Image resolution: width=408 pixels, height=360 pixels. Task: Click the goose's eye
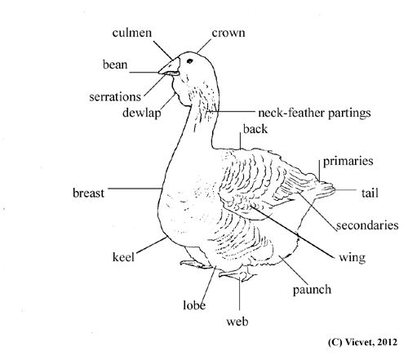pyautogui.click(x=189, y=61)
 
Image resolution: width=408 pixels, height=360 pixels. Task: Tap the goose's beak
pyautogui.click(x=170, y=68)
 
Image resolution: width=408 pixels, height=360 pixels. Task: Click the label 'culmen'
pyautogui.click(x=132, y=33)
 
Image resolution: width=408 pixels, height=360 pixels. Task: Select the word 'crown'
pyautogui.click(x=228, y=33)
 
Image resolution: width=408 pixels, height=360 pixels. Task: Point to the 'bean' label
pyautogui.click(x=115, y=64)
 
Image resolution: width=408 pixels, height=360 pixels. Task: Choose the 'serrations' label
pyautogui.click(x=115, y=96)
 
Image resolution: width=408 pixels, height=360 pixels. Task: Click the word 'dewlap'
pyautogui.click(x=142, y=113)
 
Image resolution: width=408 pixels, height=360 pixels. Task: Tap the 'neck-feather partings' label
pyautogui.click(x=314, y=113)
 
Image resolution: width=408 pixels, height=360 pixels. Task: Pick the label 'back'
pyautogui.click(x=255, y=129)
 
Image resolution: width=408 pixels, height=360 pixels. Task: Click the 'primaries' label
pyautogui.click(x=348, y=161)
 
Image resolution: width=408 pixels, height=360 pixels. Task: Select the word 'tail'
pyautogui.click(x=370, y=193)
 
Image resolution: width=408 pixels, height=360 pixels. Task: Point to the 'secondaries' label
pyautogui.click(x=367, y=225)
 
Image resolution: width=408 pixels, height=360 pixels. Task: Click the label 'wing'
pyautogui.click(x=353, y=257)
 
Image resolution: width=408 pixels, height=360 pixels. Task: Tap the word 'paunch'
pyautogui.click(x=312, y=290)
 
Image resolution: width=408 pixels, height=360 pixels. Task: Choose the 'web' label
pyautogui.click(x=237, y=322)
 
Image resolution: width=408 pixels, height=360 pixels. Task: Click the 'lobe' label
pyautogui.click(x=194, y=305)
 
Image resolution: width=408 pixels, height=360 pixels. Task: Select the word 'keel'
pyautogui.click(x=123, y=257)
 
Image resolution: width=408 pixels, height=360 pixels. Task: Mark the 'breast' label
pyautogui.click(x=88, y=193)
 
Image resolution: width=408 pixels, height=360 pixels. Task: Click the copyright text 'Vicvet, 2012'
pyautogui.click(x=371, y=342)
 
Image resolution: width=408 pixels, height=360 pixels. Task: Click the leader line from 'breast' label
pyautogui.click(x=135, y=189)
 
